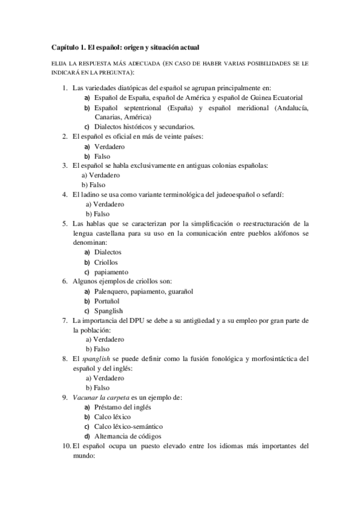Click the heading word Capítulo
tap(65, 46)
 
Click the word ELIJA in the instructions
tap(58, 63)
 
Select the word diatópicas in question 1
tap(131, 88)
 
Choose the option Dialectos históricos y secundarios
tap(144, 127)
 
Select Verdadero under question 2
tap(109, 146)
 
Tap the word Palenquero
tap(112, 291)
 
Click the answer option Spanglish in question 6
tap(109, 310)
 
